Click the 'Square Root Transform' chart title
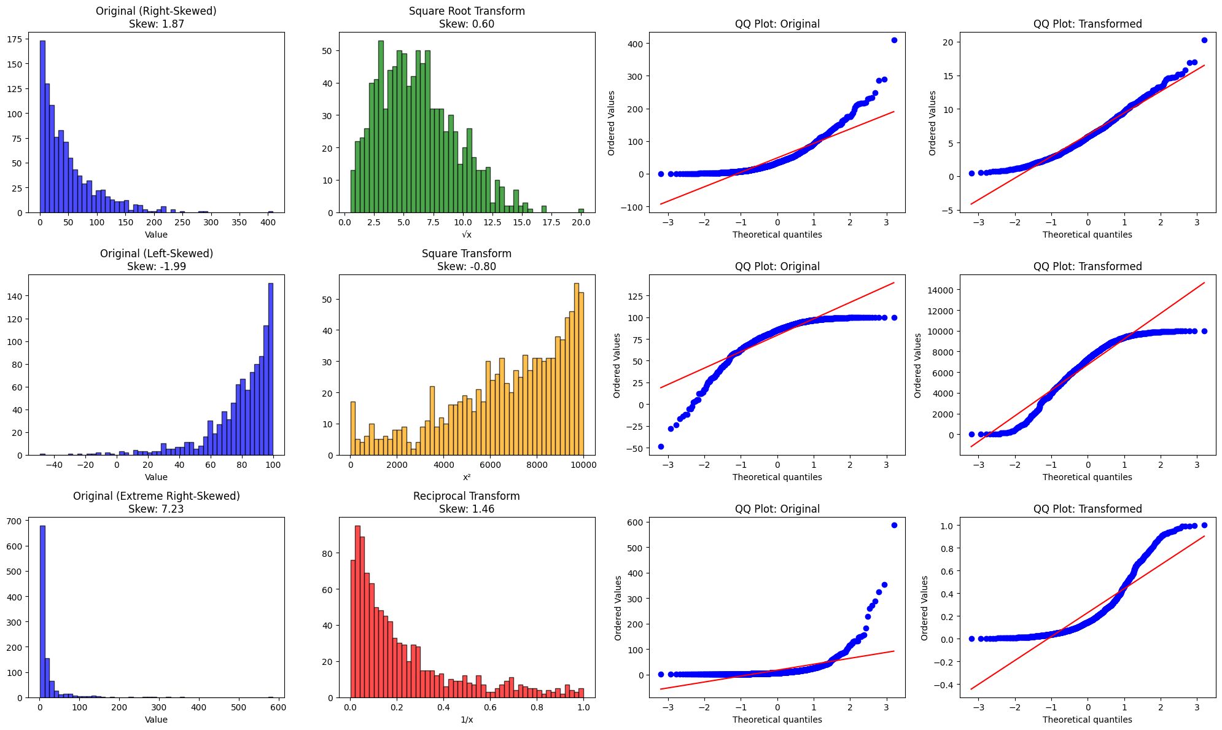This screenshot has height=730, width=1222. pyautogui.click(x=466, y=11)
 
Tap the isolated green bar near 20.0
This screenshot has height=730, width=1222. pyautogui.click(x=581, y=211)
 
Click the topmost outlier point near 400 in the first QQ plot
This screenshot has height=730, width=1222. pyautogui.click(x=894, y=40)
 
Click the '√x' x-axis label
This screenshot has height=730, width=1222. pyautogui.click(x=466, y=235)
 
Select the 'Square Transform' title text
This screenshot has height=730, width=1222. pyautogui.click(x=466, y=254)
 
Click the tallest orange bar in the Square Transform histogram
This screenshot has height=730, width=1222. pyautogui.click(x=577, y=368)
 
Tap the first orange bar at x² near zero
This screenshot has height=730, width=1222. pyautogui.click(x=353, y=429)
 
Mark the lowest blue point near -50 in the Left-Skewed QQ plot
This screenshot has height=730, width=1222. pyautogui.click(x=661, y=446)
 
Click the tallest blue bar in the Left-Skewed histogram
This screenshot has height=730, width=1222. pyautogui.click(x=271, y=368)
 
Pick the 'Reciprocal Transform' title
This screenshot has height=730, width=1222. pyautogui.click(x=466, y=496)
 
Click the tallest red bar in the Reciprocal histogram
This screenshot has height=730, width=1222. pyautogui.click(x=357, y=612)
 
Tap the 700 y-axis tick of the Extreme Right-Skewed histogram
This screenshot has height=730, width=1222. pyautogui.click(x=15, y=521)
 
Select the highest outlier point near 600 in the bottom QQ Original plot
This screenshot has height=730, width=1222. pyautogui.click(x=894, y=525)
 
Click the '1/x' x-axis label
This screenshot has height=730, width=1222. pyautogui.click(x=466, y=720)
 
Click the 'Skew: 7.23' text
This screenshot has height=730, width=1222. pyautogui.click(x=156, y=509)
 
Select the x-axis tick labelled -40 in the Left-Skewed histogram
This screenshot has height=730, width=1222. pyautogui.click(x=54, y=465)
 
